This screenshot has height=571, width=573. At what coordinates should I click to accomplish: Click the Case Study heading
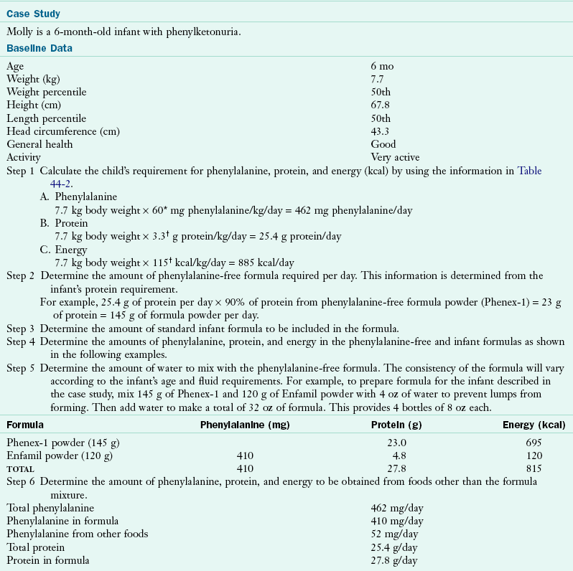[x=34, y=14]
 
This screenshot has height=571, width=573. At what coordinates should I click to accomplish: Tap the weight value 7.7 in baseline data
[x=378, y=79]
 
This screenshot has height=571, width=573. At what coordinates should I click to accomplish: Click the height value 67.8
[x=381, y=105]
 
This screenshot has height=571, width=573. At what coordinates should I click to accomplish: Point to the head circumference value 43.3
[x=381, y=131]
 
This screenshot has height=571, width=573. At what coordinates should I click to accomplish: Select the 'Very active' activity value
[x=395, y=157]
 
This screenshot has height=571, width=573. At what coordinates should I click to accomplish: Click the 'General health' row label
[x=39, y=144]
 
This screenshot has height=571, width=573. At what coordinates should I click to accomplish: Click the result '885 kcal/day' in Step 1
[x=267, y=263]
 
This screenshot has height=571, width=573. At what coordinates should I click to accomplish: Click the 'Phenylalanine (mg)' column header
[x=244, y=425]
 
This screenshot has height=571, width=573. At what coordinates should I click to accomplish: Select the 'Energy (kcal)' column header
[x=537, y=425]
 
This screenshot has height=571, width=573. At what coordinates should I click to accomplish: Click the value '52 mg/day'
[x=394, y=533]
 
